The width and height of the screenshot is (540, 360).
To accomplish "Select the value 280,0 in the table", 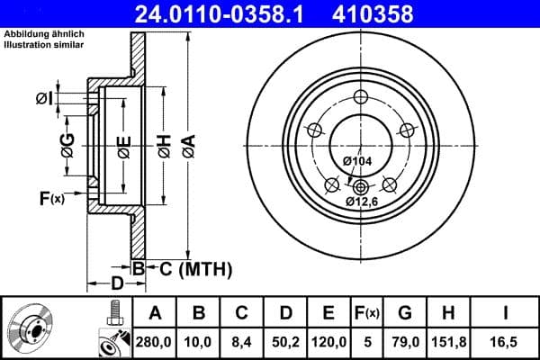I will [x=155, y=342].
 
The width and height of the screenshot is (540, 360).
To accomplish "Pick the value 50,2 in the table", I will [x=284, y=342].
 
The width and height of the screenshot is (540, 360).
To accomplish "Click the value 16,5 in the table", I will [x=508, y=342].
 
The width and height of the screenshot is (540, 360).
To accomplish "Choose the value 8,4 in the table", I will [x=241, y=342].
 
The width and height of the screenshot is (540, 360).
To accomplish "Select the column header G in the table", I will [x=404, y=313].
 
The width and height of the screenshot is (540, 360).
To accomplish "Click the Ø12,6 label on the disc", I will [x=361, y=202].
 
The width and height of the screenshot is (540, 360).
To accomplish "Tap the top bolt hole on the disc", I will [x=361, y=98].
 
